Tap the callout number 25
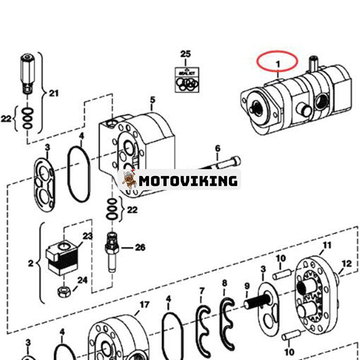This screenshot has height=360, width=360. coord(185,54)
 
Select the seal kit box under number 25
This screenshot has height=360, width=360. coord(187,80)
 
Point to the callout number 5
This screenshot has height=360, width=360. coord(153,99)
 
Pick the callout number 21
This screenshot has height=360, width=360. coord(54,94)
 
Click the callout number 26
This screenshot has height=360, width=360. coord(140,247)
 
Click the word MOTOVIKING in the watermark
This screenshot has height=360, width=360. coord(188,181)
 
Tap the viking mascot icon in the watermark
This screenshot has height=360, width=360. coord(129,180)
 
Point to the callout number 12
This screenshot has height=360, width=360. coord(346,264)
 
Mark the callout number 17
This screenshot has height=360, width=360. coord(144,305)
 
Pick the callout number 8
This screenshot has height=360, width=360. coord(225,283)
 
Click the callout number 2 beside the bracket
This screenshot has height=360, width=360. coord(31,263)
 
